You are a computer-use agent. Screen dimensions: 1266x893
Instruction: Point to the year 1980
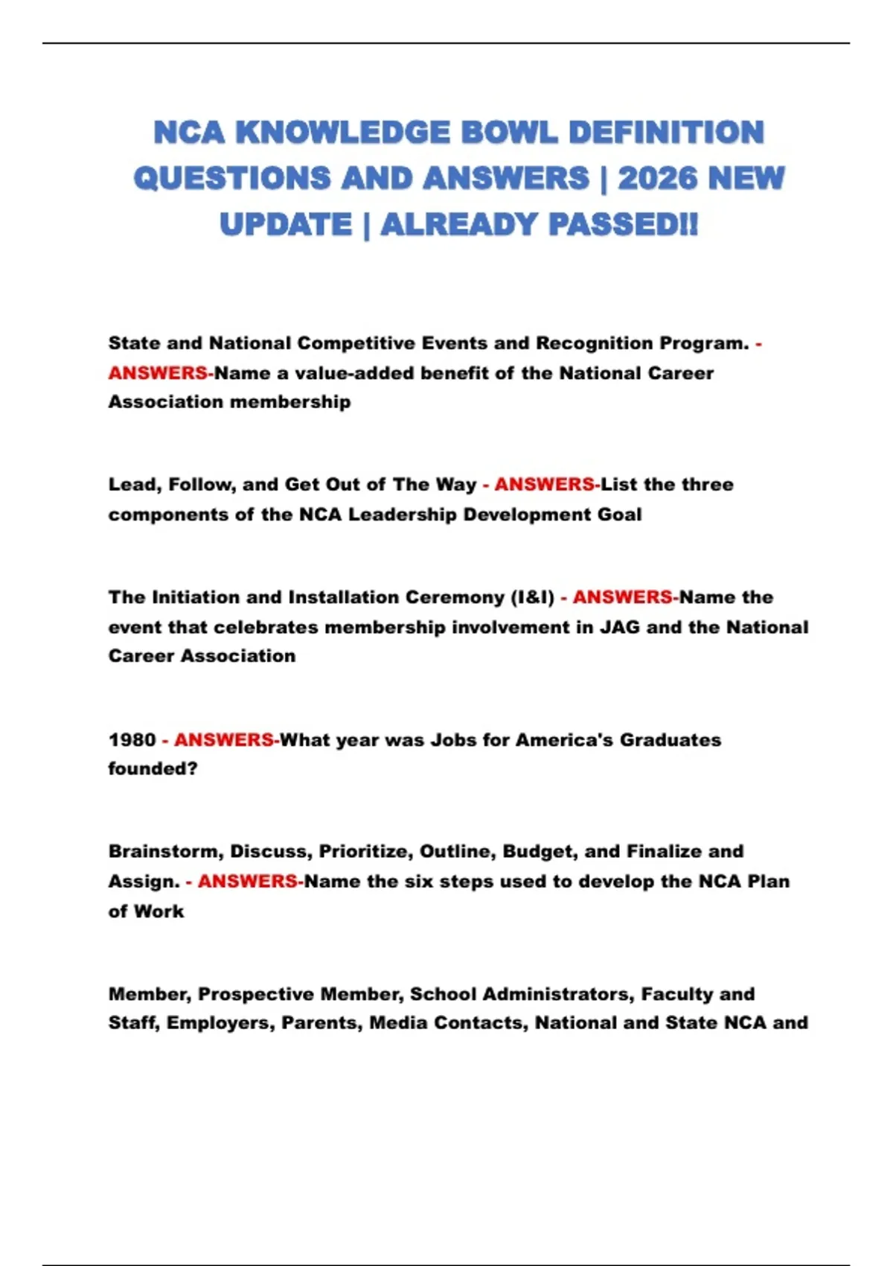click(x=132, y=739)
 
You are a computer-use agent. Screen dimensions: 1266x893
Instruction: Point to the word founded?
click(x=153, y=769)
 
